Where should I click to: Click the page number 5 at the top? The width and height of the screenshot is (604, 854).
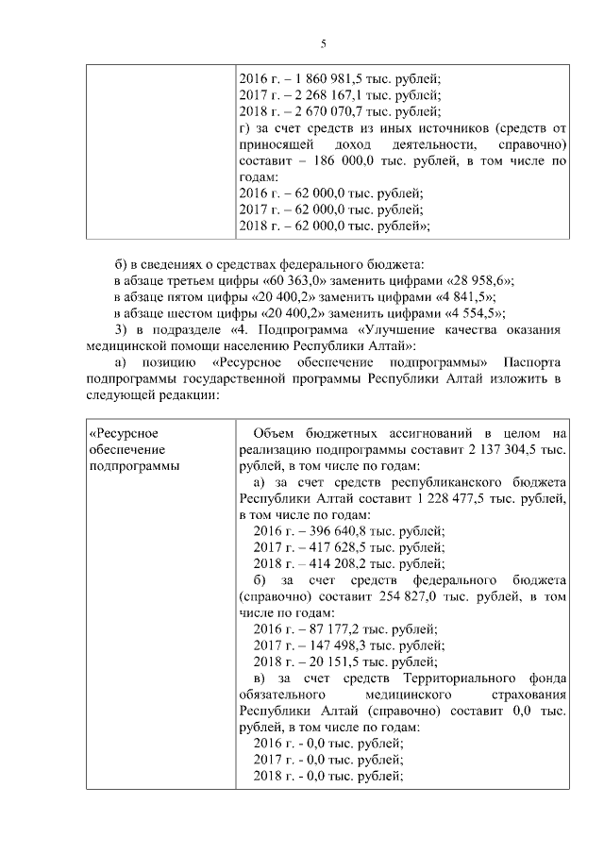(x=323, y=44)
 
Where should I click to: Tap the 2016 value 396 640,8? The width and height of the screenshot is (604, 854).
(x=328, y=531)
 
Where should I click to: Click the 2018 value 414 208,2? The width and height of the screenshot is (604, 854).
(x=328, y=563)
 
